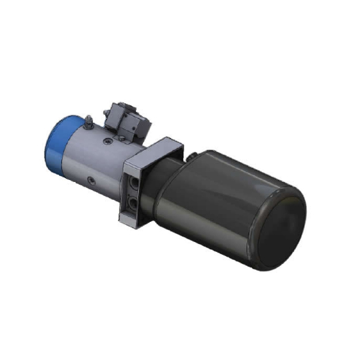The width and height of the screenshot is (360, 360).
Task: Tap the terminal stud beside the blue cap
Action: point(88,121)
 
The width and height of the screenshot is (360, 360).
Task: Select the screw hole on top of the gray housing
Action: point(107,141)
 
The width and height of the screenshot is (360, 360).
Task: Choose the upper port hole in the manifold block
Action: point(136,183)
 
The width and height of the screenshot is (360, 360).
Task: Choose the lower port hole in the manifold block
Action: point(135,202)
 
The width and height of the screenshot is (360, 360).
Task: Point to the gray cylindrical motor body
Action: point(93,160)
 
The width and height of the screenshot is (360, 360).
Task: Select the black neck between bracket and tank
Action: point(167,193)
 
